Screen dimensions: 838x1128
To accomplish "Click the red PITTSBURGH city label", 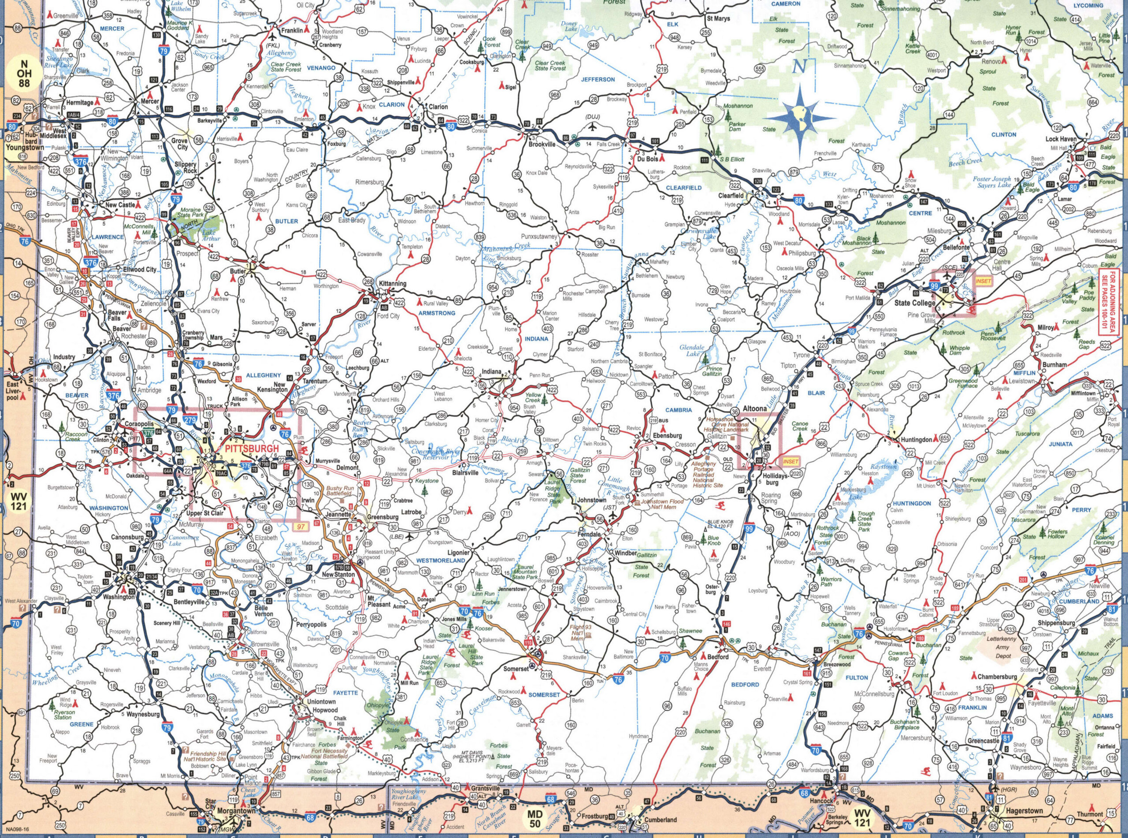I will (x=252, y=449).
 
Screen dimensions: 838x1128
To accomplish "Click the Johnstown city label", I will (x=592, y=500).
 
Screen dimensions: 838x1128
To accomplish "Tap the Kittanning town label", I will (x=392, y=284).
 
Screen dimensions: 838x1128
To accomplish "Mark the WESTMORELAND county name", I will (x=440, y=560).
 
